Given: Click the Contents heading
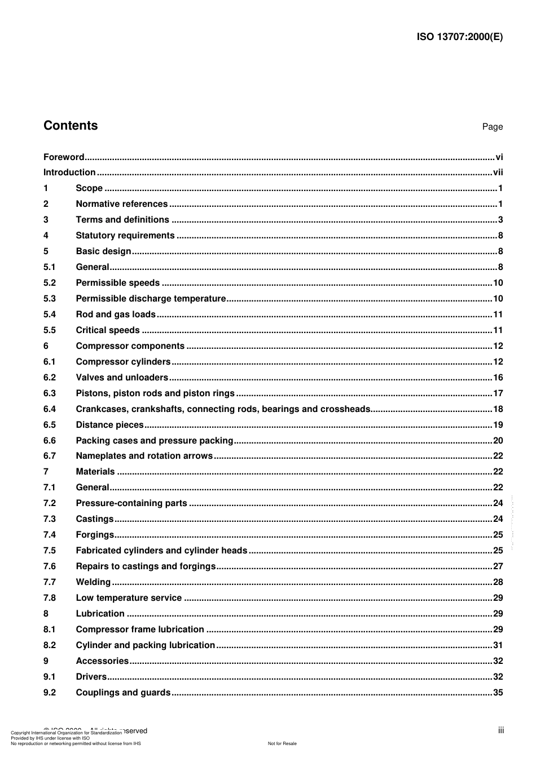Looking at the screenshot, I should point(71,126).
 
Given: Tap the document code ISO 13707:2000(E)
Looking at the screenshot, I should point(459,37).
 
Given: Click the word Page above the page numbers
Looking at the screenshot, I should point(492,127).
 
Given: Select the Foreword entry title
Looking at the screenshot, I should point(64,157).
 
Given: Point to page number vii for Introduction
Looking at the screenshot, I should point(498,172).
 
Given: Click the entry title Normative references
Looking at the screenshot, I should point(121,204).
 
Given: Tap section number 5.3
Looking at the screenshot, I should point(50,299).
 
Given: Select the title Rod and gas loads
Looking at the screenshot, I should point(116,314).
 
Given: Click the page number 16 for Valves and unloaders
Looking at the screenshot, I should point(498,378).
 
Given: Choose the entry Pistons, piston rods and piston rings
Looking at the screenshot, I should point(155,393).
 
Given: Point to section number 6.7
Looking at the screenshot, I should point(50,456).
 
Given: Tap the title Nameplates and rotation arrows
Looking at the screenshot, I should point(144,456).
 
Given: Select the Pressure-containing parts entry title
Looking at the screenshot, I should point(131,503).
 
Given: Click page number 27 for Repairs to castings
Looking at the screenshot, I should point(498,566).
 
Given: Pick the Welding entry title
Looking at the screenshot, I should point(93,582).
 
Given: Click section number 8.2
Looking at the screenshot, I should point(50,645).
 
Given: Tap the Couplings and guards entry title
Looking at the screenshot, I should point(123,693).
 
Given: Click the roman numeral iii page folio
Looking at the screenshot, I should point(500,730).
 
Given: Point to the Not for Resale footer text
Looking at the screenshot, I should point(282,743).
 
